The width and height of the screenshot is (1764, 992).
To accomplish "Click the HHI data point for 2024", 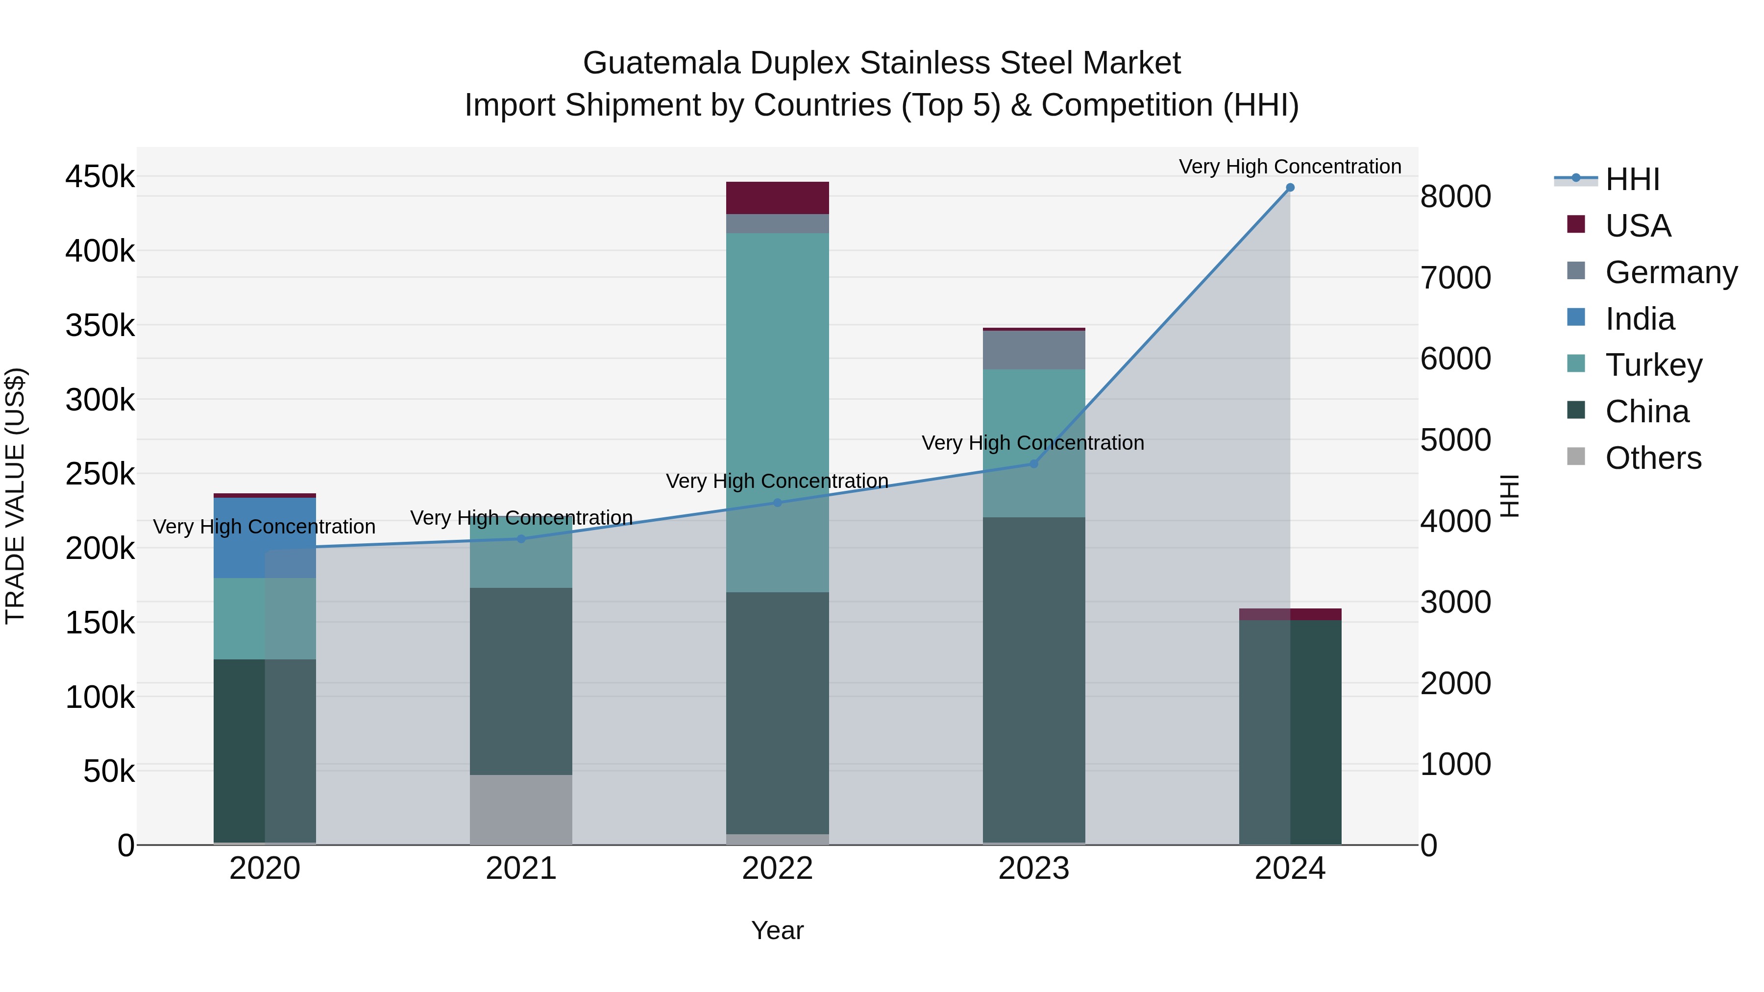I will [1290, 188].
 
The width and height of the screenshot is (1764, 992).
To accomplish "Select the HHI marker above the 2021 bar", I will [521, 539].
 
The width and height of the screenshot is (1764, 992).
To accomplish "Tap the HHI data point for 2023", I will [1034, 464].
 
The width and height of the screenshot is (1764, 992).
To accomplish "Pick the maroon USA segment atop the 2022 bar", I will [777, 198].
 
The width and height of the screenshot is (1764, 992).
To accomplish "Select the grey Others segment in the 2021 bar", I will [521, 809].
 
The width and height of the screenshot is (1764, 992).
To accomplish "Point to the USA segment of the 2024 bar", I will [1290, 614].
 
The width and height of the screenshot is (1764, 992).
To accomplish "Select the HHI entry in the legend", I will [1632, 179].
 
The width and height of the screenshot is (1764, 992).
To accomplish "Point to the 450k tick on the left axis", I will [100, 177].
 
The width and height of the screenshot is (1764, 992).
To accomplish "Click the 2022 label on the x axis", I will [777, 869].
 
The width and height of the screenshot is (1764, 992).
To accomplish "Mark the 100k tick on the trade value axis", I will [100, 697].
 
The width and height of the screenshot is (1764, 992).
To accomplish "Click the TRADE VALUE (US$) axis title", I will [16, 496].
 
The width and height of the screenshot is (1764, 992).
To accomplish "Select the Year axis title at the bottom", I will [777, 930].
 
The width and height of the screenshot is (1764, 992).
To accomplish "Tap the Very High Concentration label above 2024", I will [1290, 167].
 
